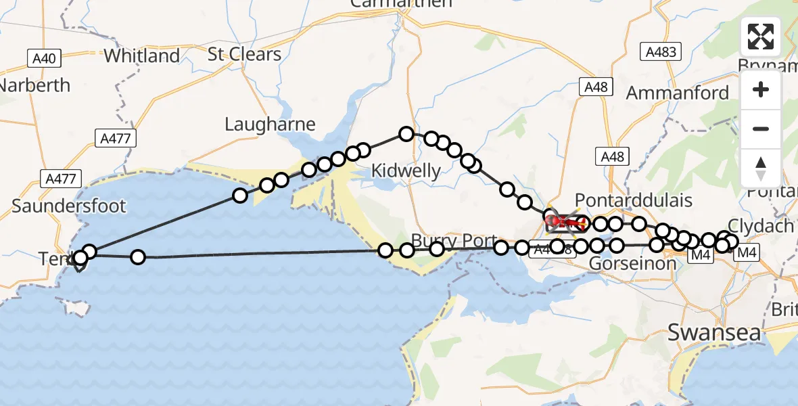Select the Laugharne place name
tap(270, 124)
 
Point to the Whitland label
tap(142, 55)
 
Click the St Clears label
tap(244, 54)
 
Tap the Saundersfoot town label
tap(69, 206)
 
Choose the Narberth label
tap(35, 85)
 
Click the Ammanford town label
tap(678, 93)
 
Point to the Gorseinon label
tap(633, 263)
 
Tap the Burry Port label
tap(454, 241)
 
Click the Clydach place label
tap(760, 225)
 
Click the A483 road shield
tap(660, 51)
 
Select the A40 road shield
tap(44, 58)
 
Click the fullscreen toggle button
tap(761, 37)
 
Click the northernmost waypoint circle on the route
tap(406, 134)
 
